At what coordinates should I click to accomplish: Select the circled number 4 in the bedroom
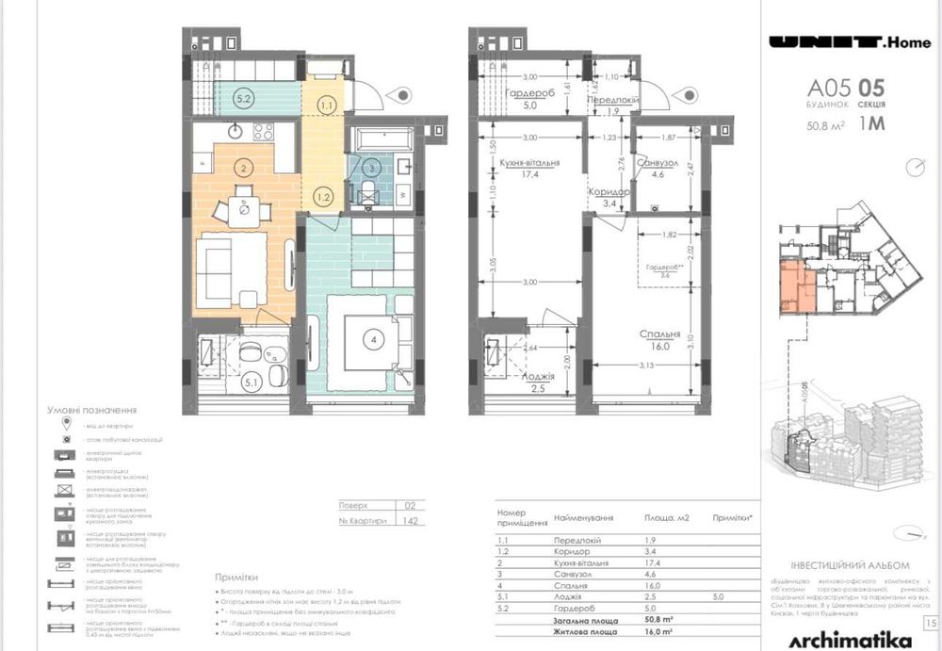[374, 340]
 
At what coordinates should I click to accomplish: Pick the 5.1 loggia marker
[251, 382]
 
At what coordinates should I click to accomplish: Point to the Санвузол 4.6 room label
[663, 168]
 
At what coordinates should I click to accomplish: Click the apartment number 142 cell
[411, 520]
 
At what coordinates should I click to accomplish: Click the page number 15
[931, 623]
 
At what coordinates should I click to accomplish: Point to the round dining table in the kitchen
[245, 209]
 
